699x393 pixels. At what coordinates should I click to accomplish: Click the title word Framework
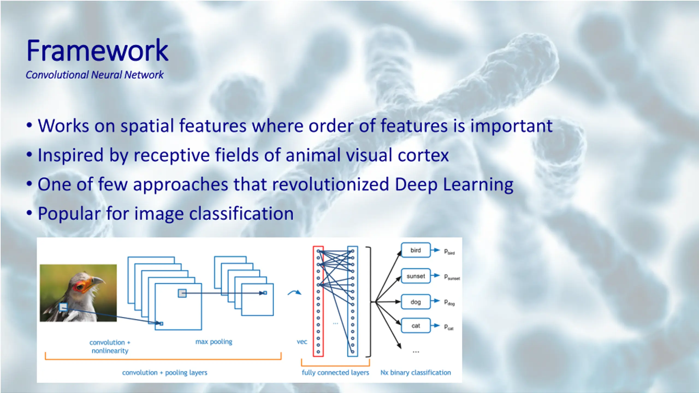tap(97, 51)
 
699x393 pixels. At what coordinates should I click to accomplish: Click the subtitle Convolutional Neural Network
tap(94, 75)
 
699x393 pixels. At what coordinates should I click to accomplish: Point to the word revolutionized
tap(330, 184)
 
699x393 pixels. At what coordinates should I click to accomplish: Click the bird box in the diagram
tap(416, 250)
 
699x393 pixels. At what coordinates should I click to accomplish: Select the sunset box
tap(416, 276)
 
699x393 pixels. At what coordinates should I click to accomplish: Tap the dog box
tap(416, 302)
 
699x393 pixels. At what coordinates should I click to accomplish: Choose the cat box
tap(416, 326)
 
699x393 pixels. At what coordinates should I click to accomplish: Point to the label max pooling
tap(214, 342)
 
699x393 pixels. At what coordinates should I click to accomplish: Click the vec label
tap(302, 342)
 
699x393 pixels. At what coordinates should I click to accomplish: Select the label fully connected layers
tap(335, 373)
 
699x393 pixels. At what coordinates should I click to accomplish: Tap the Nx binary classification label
tap(416, 373)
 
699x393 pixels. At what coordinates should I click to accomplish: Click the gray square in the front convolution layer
tap(182, 293)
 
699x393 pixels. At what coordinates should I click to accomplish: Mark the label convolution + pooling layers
tap(165, 373)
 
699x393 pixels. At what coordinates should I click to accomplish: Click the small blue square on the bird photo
tap(63, 307)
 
